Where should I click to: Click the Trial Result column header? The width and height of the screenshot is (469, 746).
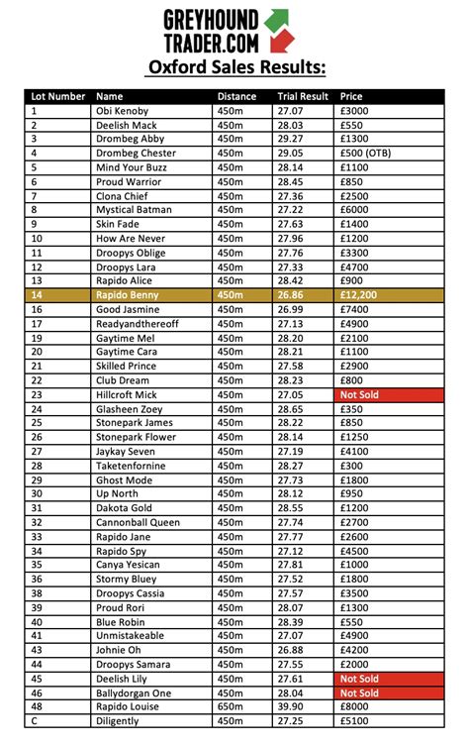[302, 97]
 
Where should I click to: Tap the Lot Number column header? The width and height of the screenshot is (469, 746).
[57, 97]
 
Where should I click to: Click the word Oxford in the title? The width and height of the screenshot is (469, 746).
[179, 67]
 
